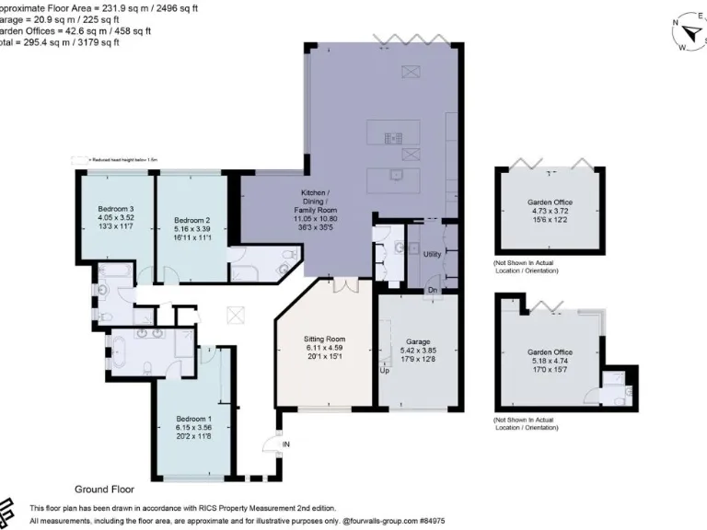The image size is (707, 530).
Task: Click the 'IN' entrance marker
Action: click(x=285, y=444)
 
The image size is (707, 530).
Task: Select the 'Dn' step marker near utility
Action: click(x=432, y=292)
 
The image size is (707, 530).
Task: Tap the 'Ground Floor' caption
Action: click(x=106, y=490)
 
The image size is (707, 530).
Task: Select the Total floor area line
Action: click(x=55, y=41)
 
